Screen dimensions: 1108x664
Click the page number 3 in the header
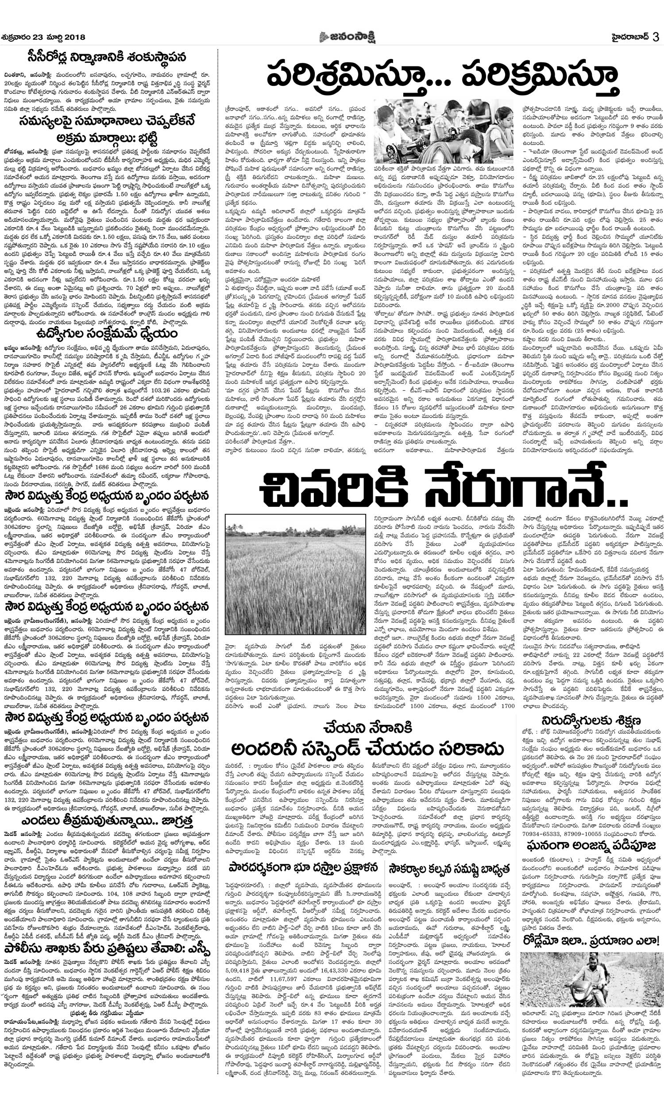coord(656,37)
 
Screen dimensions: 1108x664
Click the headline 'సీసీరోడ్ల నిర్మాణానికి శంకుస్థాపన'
coord(106,58)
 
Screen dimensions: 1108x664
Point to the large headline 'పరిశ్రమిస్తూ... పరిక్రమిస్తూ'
coord(443,77)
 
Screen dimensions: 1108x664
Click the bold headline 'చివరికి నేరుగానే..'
coord(443,488)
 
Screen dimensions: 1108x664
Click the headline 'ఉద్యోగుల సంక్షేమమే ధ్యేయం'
coord(106,334)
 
